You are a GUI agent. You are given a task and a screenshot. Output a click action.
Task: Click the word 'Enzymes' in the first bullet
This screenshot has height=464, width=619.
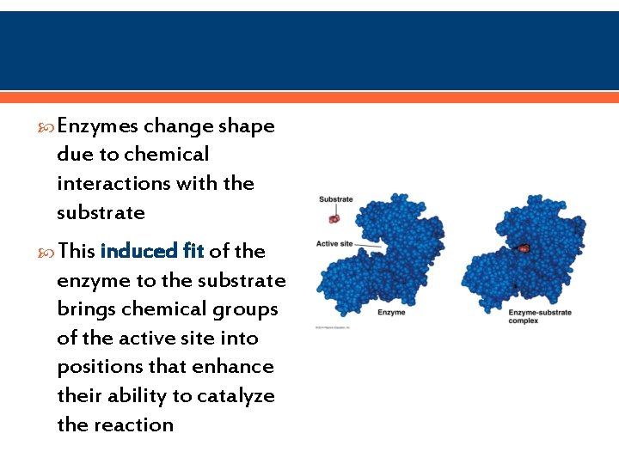coord(97,126)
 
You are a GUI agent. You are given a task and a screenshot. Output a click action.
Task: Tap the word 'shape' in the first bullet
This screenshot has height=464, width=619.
coord(247,126)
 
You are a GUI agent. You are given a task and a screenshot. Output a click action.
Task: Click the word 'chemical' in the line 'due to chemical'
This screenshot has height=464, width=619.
coord(166,155)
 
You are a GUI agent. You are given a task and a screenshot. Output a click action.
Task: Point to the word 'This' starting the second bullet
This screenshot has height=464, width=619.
coord(77,251)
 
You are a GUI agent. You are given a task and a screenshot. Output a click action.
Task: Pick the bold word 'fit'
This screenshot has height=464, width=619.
coord(193,251)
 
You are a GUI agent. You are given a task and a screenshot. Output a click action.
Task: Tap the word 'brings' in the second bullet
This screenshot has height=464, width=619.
coord(85,308)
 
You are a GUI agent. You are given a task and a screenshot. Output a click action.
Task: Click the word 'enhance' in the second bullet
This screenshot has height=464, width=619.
coord(234,367)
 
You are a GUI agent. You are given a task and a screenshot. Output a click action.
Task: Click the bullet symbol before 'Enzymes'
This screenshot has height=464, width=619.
coord(47,127)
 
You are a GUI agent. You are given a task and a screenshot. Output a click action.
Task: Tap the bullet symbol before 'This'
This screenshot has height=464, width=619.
coord(47,252)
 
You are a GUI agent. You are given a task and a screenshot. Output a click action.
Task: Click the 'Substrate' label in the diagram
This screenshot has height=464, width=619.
coord(335,199)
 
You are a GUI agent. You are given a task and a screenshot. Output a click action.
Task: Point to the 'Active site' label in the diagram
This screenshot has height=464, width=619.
coord(334,244)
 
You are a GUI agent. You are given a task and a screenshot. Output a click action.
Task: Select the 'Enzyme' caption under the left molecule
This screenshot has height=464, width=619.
coord(392,313)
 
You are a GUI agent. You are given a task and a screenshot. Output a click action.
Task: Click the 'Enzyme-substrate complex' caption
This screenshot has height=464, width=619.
coord(539,316)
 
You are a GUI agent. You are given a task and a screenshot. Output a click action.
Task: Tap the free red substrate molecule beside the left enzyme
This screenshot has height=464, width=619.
coord(334,219)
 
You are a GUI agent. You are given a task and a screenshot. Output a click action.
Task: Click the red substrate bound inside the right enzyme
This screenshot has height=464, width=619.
coord(524,248)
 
